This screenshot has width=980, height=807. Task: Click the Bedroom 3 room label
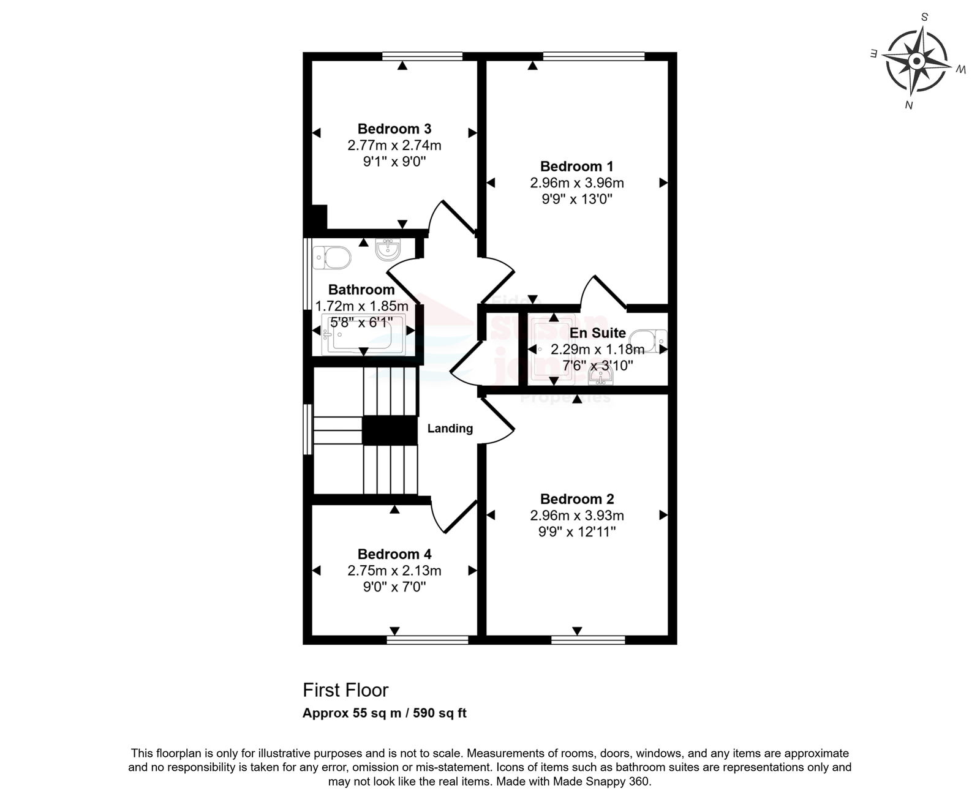coord(394,129)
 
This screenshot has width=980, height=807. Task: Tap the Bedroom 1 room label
coord(577,166)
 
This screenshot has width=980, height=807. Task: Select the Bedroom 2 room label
coord(577,499)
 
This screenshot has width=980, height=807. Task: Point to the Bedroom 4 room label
coord(394,554)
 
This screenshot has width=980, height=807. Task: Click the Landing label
coord(450,429)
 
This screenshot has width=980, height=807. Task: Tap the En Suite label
coord(598,333)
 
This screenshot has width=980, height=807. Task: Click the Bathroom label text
coord(361,290)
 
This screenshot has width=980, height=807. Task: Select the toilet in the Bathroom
coord(331,258)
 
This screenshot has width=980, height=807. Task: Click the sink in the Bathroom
coord(388,249)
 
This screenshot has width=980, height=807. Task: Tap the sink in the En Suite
coord(601,375)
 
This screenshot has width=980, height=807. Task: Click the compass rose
coord(917,61)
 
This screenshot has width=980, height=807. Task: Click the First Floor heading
coord(345,690)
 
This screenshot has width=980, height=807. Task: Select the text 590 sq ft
coord(440,713)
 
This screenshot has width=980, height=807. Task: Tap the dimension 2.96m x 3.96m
coord(577,182)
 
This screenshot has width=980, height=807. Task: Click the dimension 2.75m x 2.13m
coord(394,571)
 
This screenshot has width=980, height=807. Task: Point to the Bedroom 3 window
coord(423,56)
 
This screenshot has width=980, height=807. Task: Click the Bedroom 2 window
coord(588,640)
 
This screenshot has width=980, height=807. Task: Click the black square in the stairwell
coord(390,430)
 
